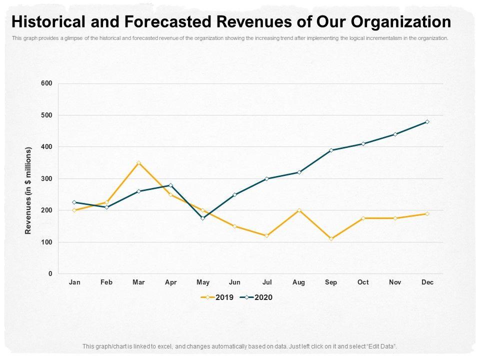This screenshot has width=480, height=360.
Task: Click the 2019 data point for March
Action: [138, 163]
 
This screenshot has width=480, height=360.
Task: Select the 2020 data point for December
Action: [427, 122]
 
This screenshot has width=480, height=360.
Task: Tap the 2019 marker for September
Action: [331, 238]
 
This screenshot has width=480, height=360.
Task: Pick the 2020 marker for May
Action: [202, 218]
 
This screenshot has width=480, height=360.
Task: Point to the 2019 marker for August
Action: [299, 210]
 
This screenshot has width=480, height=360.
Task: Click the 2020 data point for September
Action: [331, 150]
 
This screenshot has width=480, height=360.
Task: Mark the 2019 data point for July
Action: [267, 235]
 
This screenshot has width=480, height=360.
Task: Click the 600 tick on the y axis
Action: [46, 83]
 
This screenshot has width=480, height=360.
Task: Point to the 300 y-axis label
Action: [46, 178]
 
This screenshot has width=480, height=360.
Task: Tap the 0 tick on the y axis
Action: [50, 274]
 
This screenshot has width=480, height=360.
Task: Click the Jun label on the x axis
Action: [234, 282]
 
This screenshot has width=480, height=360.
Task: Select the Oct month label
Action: [363, 282]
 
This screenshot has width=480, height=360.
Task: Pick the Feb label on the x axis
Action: [106, 282]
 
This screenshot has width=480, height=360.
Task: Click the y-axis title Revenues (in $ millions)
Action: [28, 190]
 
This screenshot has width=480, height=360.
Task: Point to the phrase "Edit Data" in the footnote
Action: [381, 346]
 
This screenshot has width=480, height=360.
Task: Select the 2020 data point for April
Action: [170, 185]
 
